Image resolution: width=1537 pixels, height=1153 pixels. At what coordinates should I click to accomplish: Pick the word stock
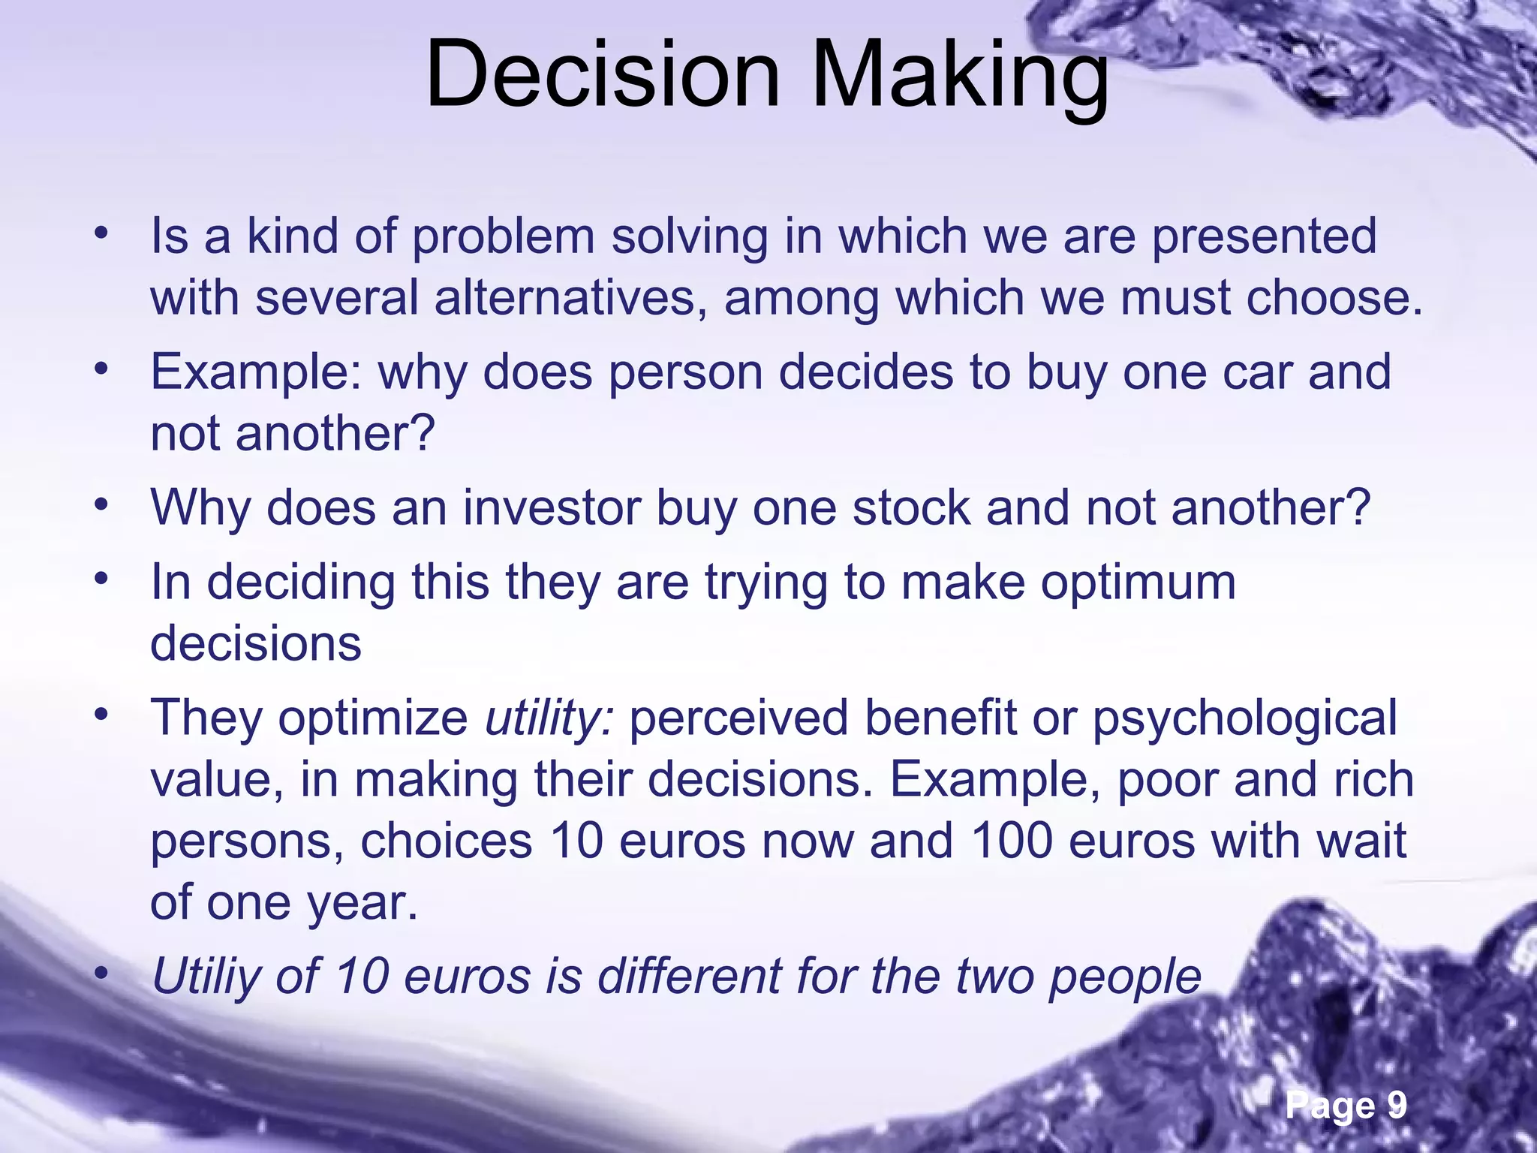[912, 507]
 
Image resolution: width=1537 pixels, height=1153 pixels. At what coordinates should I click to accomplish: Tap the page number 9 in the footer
[1396, 1105]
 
